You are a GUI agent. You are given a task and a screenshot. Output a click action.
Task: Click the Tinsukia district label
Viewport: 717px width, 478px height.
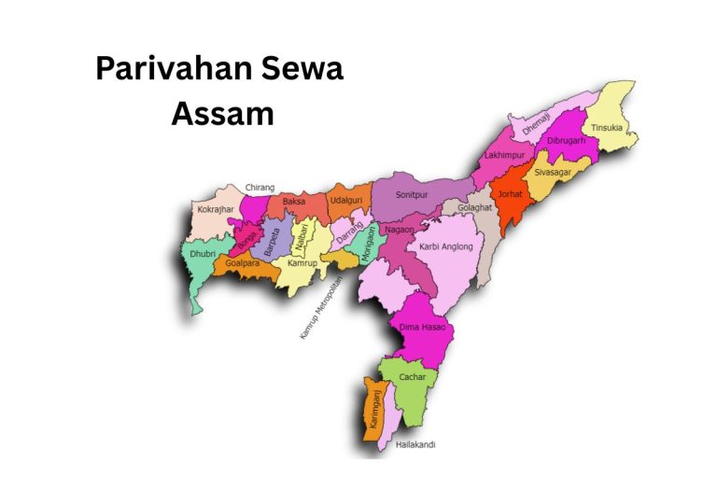coord(606,128)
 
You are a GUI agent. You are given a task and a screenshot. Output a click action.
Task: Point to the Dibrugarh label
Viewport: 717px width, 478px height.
coord(566,141)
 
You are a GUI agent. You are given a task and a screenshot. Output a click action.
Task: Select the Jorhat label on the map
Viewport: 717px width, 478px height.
coord(511,195)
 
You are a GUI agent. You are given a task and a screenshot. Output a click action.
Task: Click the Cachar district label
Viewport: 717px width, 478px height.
coord(412,377)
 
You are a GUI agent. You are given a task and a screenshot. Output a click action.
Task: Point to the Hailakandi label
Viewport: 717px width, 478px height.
coord(415,444)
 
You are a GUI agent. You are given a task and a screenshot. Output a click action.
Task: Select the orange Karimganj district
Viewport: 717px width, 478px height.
coord(375,411)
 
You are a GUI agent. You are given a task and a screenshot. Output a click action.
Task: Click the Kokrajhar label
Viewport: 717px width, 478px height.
coord(216,210)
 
